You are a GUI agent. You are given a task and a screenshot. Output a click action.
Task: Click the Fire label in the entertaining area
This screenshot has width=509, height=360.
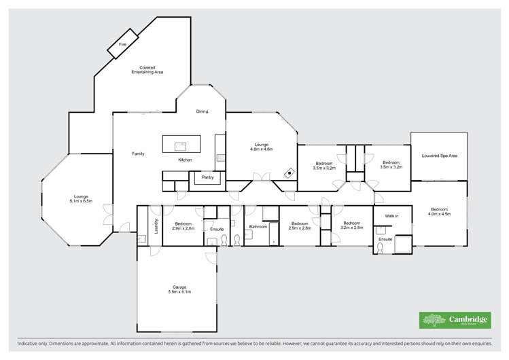pyautogui.click(x=122, y=44)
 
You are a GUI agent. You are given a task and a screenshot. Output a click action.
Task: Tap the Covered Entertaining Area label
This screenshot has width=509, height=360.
pyautogui.click(x=147, y=70)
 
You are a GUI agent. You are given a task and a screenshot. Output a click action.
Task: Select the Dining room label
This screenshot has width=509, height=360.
pyautogui.click(x=202, y=111)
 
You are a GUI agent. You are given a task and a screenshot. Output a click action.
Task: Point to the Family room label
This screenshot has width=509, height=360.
pyautogui.click(x=138, y=154)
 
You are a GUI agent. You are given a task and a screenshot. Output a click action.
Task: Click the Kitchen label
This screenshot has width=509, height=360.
pyautogui.click(x=185, y=160)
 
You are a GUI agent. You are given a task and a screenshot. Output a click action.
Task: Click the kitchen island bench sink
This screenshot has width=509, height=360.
pyautogui.click(x=181, y=145)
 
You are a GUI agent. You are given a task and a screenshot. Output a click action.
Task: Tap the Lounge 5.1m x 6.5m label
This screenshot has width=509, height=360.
pyautogui.click(x=80, y=199)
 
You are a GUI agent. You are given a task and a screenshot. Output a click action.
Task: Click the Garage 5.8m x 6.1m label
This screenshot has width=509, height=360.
pyautogui.click(x=179, y=289)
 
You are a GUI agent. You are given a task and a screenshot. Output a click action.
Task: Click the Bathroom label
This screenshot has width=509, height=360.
pyautogui.click(x=258, y=226)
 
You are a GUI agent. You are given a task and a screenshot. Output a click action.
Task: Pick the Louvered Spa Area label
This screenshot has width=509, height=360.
pyautogui.click(x=439, y=156)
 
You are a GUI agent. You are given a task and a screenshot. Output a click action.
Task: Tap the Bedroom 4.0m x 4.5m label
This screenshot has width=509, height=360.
pyautogui.click(x=439, y=211)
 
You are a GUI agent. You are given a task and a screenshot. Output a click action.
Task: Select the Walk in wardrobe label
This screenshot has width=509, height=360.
pyautogui.click(x=391, y=215)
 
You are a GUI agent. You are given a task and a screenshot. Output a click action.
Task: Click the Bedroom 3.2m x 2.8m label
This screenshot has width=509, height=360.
pyautogui.click(x=352, y=226)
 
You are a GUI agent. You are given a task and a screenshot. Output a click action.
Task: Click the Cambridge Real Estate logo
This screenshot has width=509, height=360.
pyautogui.click(x=455, y=320)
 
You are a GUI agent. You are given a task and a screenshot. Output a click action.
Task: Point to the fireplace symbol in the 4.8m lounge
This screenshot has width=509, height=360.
pyautogui.click(x=289, y=173)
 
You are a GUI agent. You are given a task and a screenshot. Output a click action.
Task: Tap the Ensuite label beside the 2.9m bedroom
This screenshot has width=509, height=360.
pyautogui.click(x=217, y=229)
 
